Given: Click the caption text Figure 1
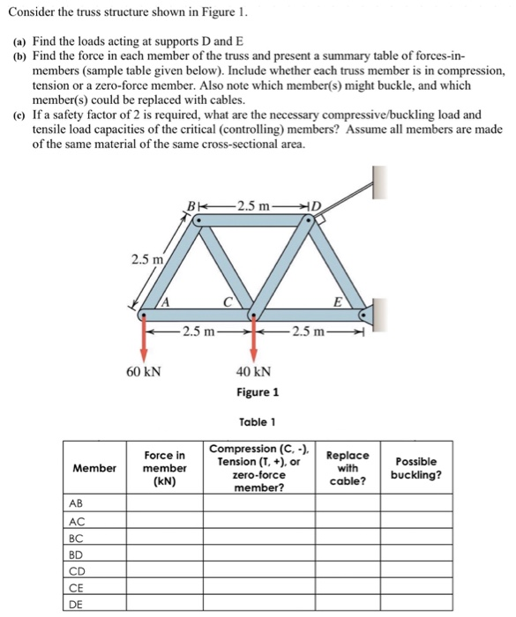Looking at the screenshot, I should point(257,391).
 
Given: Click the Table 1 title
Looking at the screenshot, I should point(257,422).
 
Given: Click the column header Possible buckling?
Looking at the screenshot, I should point(418,468).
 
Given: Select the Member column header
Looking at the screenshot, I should point(93,468).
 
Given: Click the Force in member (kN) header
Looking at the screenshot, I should point(164,468).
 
